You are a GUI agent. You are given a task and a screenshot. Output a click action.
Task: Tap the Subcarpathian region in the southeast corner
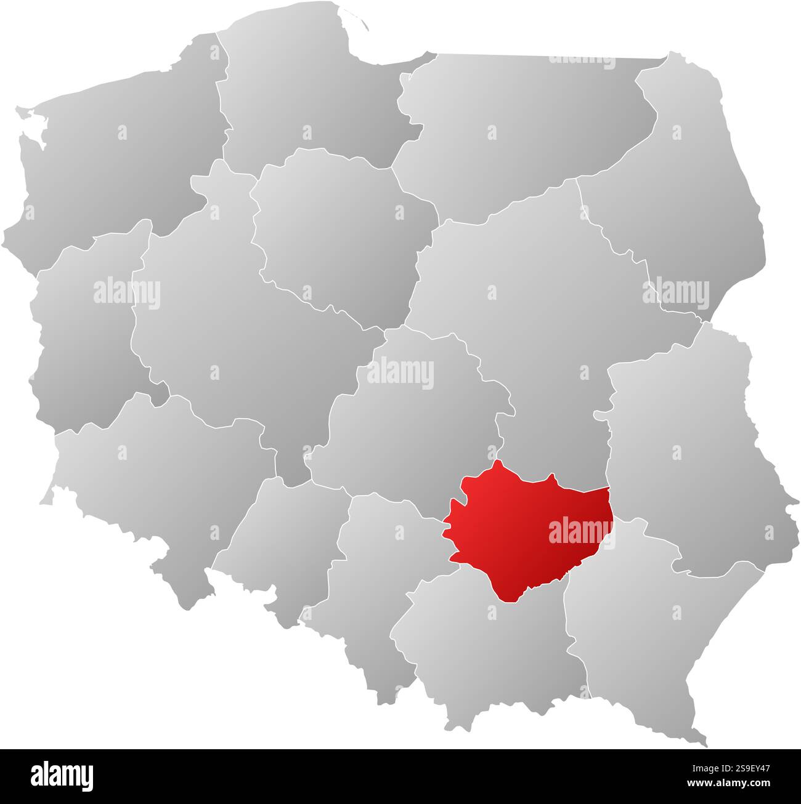pos(647,628)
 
